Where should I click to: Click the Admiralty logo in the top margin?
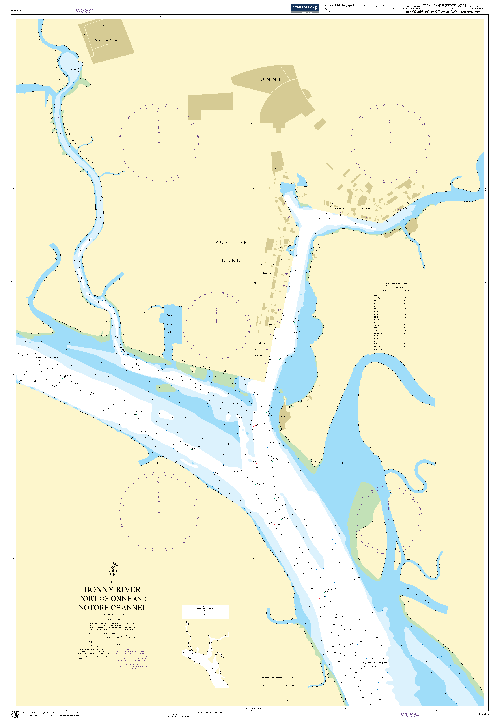coord(304,8)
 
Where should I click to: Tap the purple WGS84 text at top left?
coord(85,10)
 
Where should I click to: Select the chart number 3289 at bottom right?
coord(483,715)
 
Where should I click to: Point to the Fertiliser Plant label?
coord(106,40)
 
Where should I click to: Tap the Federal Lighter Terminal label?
coord(354,208)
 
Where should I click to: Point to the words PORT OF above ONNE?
coord(231,243)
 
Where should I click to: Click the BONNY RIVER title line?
coord(112,589)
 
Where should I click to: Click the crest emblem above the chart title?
coord(112,569)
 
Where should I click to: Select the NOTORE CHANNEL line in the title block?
coord(112,607)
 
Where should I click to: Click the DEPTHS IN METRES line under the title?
coord(112,615)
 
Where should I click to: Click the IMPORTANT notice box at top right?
coord(444,8)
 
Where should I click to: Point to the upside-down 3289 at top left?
coord(17,10)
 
